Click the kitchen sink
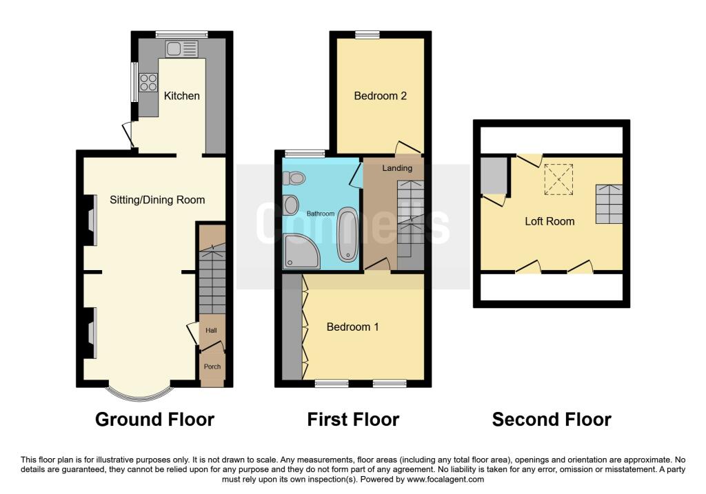point(181,49)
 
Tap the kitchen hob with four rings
point(148,83)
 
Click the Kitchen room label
point(181,96)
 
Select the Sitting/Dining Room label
point(157,200)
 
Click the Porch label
point(212,367)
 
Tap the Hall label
point(211,330)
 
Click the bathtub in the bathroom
point(347,234)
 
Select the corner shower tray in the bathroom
point(301,251)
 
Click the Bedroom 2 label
point(380,96)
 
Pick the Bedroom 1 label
point(352,327)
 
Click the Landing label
point(397,168)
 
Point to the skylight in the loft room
point(558,179)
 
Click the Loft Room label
point(549,221)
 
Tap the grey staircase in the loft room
point(609,204)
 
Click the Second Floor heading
point(552,420)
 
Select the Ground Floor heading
point(155,420)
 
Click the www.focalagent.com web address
point(445,480)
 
